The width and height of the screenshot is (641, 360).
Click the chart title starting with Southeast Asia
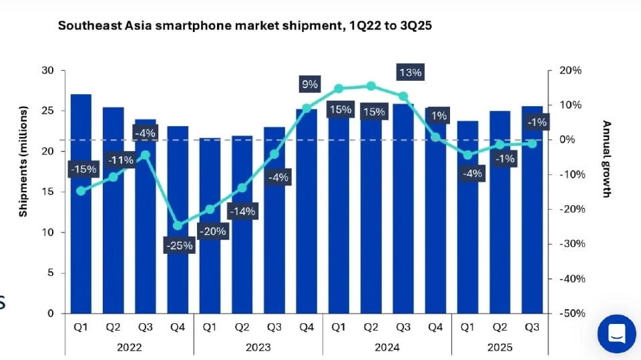pos(248,26)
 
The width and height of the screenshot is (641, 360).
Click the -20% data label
pos(212,232)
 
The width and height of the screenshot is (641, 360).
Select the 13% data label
pos(409,72)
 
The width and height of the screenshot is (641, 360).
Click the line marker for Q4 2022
pos(178,226)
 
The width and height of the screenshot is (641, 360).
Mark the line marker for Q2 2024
pos(371,85)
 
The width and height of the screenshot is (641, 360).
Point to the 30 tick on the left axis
pos(48,70)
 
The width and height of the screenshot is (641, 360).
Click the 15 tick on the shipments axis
pos(48,192)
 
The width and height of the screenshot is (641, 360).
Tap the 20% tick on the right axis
pos(571,70)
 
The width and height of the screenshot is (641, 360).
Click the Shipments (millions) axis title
pos(23,161)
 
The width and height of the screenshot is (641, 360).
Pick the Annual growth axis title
pos(606,159)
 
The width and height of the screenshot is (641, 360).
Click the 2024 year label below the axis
pos(387,347)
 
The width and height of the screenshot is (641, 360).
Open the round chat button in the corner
pos(616,334)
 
